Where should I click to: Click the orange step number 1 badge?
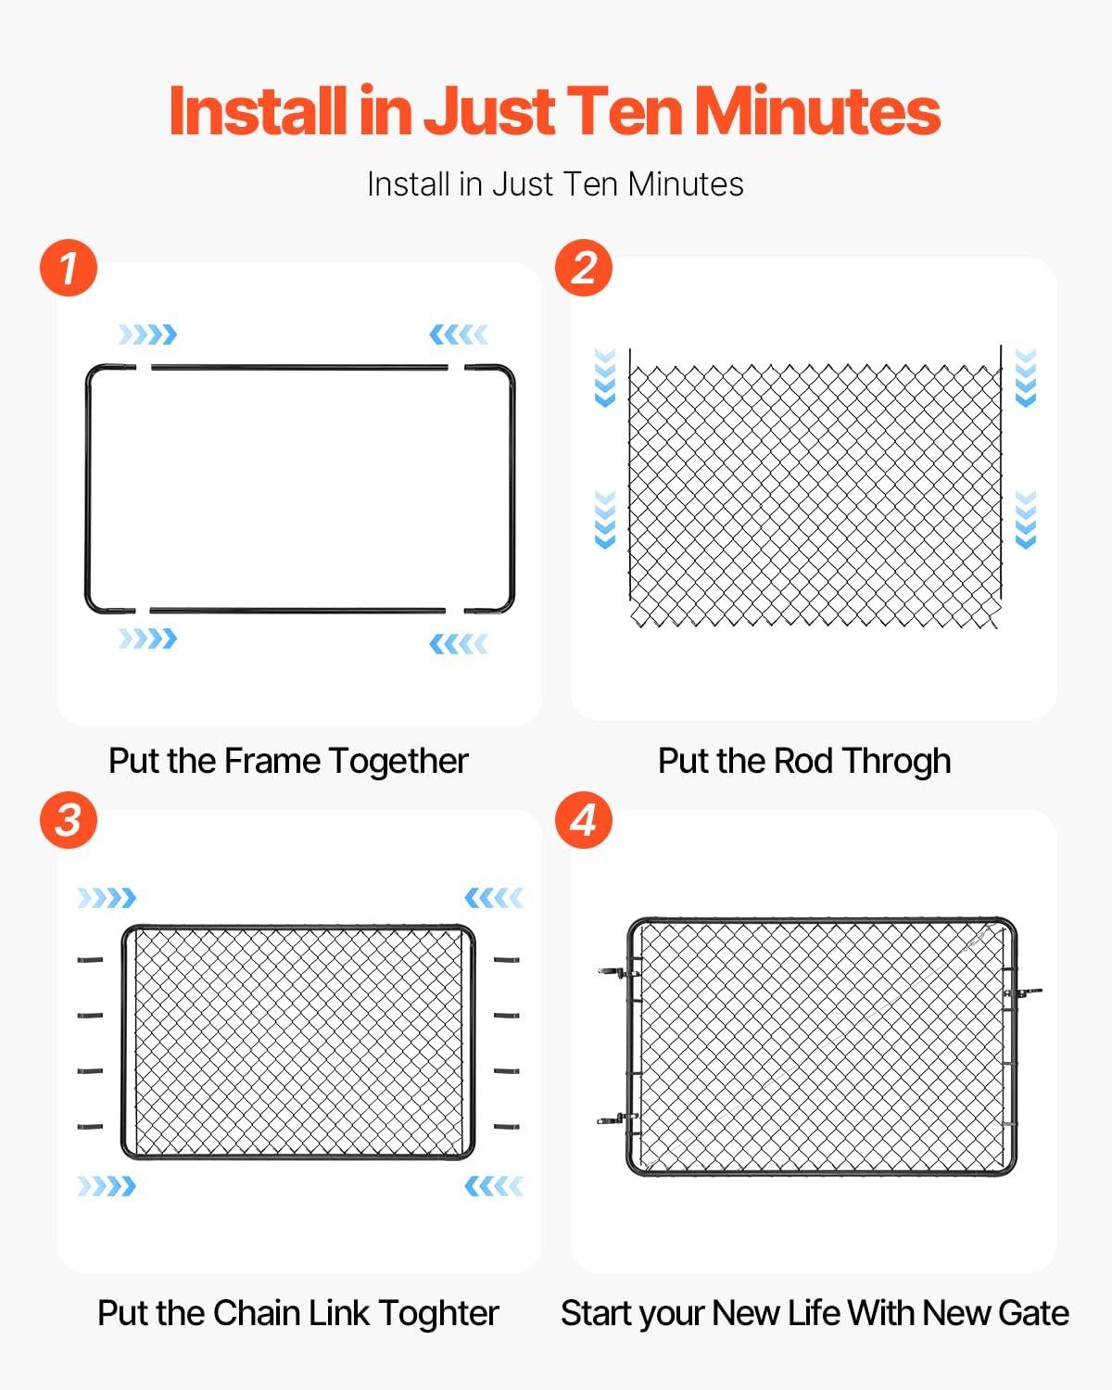pyautogui.click(x=69, y=268)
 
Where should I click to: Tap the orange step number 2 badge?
pyautogui.click(x=583, y=268)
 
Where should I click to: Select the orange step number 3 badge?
pyautogui.click(x=69, y=820)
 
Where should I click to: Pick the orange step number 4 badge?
pyautogui.click(x=583, y=820)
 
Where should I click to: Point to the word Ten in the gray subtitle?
pyautogui.click(x=590, y=184)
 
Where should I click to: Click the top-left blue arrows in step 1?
pyautogui.click(x=146, y=335)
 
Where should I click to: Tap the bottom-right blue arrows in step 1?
pyautogui.click(x=459, y=643)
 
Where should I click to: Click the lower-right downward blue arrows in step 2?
pyautogui.click(x=1025, y=520)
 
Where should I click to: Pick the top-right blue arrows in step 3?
pyautogui.click(x=493, y=897)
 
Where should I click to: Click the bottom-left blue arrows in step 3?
pyautogui.click(x=107, y=1186)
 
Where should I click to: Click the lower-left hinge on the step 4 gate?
pyautogui.click(x=615, y=1119)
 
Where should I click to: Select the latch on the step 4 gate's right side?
pyautogui.click(x=1021, y=992)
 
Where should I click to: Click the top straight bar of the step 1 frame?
pyautogui.click(x=299, y=368)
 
